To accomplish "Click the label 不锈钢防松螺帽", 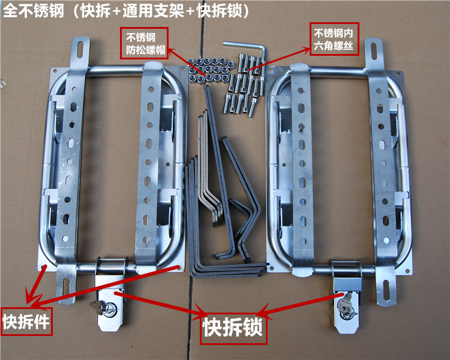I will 143,41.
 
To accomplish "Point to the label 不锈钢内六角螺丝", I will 335,40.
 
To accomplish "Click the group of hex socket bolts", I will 244,84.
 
